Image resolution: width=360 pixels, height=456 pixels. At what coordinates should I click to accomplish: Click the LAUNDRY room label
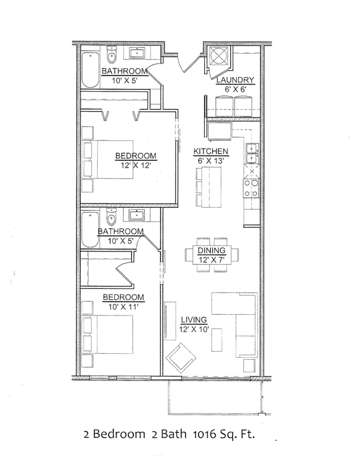235,81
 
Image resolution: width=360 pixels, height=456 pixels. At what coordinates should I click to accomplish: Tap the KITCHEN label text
211,151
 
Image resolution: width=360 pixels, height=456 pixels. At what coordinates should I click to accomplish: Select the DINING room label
212,251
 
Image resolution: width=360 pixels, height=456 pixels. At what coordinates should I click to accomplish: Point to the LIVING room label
194,319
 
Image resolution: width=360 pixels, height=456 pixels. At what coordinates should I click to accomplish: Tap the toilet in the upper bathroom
112,56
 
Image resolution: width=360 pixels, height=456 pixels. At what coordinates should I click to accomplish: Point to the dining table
212,255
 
